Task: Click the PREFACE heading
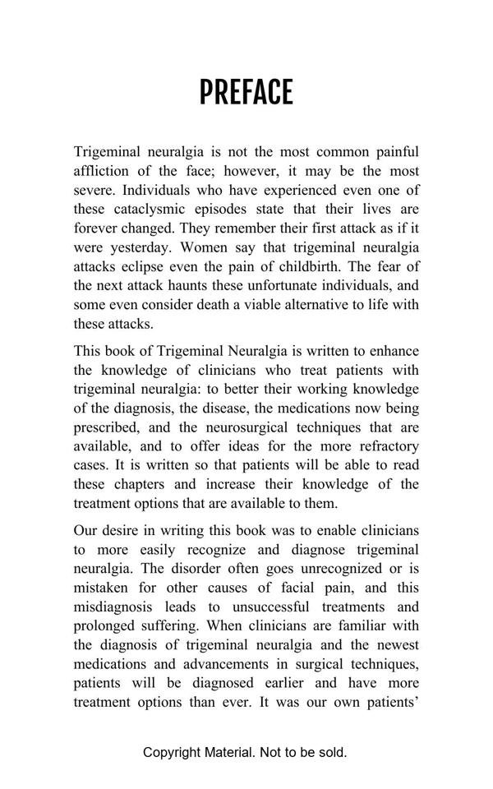[246, 93]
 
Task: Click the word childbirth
[346, 266]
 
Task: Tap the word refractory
[384, 446]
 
